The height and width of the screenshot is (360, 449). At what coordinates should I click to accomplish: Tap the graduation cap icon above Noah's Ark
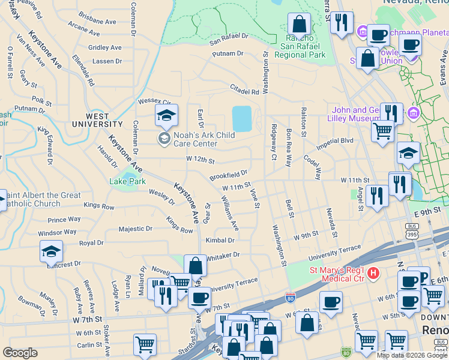[166, 116]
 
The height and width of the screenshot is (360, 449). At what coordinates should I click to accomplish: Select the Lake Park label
[127, 181]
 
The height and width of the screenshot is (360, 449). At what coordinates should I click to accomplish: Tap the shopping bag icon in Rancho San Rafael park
[298, 25]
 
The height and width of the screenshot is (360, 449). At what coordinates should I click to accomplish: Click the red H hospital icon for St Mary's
[373, 274]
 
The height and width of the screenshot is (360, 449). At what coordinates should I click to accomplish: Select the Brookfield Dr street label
[228, 175]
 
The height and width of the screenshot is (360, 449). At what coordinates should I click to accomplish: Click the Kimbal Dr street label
[220, 240]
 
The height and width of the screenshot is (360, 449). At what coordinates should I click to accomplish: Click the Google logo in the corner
[20, 353]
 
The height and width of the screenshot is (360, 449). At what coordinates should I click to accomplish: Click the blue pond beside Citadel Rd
[241, 119]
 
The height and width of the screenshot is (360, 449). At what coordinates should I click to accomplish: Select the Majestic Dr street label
[136, 229]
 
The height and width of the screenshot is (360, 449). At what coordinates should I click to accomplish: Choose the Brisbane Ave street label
[97, 21]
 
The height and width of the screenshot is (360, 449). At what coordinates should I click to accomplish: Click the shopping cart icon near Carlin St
[145, 344]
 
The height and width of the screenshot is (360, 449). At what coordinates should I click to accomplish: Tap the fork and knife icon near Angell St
[376, 196]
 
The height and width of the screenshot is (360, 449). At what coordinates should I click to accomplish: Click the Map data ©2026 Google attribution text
[411, 355]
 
